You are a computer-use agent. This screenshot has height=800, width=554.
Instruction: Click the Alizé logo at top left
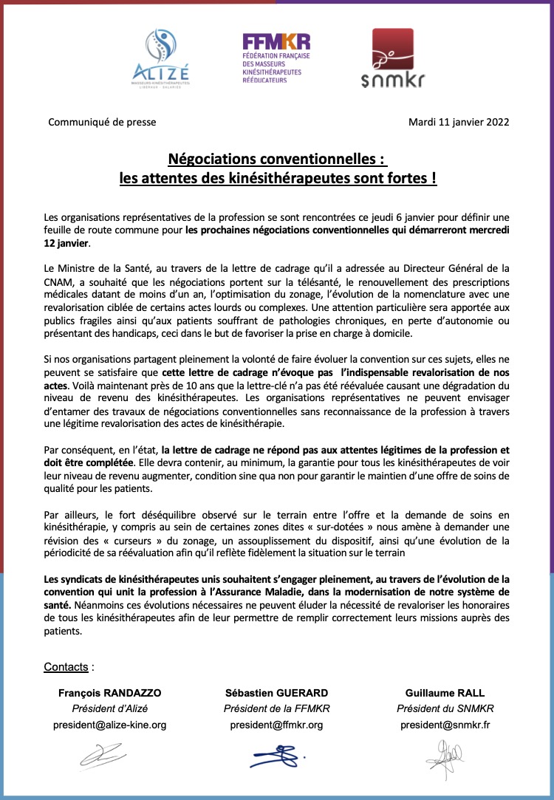[160, 58]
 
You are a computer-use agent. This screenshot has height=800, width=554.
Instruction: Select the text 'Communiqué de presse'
[102, 123]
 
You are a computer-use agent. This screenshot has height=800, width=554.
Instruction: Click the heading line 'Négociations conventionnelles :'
[277, 159]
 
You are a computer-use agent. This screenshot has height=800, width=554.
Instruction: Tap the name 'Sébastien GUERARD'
[276, 693]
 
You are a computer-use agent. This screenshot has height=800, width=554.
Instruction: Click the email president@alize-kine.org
[109, 725]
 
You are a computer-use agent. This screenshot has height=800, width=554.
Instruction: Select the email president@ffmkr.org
[276, 725]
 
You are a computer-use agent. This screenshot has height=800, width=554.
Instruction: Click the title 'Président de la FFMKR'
[276, 709]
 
